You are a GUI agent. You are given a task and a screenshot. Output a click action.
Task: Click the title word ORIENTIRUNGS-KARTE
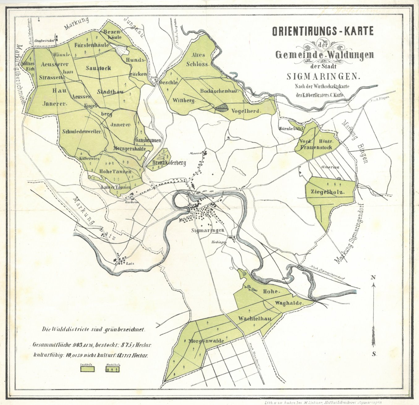323,31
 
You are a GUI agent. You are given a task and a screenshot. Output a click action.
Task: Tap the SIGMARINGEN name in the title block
323,76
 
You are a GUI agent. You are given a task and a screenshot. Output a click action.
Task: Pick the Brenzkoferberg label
169,163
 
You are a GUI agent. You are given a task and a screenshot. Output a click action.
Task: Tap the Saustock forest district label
98,68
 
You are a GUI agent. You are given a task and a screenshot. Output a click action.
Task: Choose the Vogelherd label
246,111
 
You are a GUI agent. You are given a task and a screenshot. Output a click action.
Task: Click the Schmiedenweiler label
82,131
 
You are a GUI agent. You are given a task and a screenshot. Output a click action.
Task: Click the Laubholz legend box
88,369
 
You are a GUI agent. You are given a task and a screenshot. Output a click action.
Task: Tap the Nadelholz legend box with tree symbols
113,369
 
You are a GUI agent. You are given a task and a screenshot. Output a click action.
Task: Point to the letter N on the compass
373,278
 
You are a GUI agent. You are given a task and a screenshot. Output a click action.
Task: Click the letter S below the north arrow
374,354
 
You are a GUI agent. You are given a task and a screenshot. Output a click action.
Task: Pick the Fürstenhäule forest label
92,45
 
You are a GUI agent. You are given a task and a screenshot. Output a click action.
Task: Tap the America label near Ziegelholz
330,167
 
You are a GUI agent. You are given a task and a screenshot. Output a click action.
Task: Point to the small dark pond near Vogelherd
221,108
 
